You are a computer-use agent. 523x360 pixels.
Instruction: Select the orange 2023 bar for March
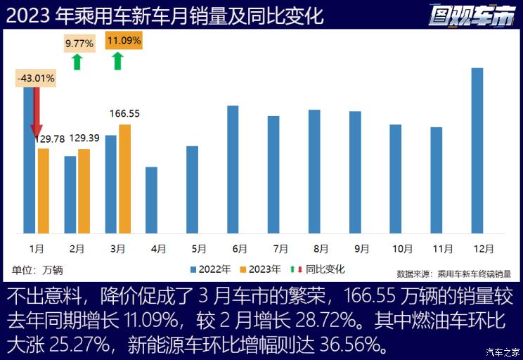click(125, 179)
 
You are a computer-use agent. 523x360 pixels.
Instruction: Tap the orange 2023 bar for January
click(44, 191)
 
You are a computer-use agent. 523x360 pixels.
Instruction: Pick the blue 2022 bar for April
click(151, 200)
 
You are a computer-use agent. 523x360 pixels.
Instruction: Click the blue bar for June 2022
click(233, 169)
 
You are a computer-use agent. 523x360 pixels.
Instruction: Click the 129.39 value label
click(84, 139)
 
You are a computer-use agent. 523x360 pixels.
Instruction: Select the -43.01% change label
click(36, 79)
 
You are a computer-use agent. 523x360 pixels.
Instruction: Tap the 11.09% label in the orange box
click(124, 41)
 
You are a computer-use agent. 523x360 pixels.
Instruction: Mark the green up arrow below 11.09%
click(117, 61)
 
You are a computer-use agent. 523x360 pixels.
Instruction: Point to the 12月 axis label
click(484, 248)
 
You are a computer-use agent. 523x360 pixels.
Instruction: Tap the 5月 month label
click(199, 248)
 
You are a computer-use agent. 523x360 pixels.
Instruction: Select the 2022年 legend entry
click(211, 269)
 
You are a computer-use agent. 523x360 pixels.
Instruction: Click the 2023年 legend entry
click(261, 269)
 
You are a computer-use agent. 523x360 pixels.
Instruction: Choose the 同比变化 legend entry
click(321, 269)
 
